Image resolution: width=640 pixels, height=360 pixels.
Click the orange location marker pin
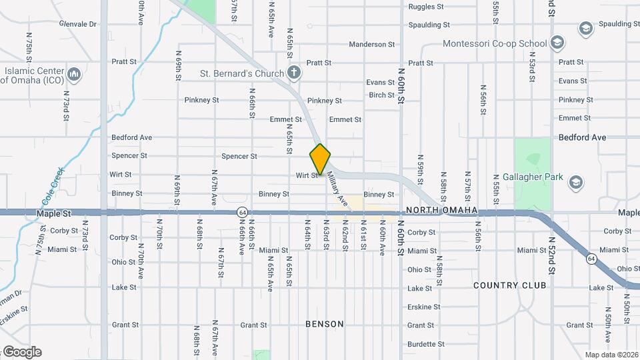[x=321, y=159]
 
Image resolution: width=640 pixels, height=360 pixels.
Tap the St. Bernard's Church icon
[x=294, y=73]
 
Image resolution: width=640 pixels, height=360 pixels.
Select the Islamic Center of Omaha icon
[x=74, y=73]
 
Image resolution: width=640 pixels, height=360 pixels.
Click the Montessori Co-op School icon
[x=557, y=44]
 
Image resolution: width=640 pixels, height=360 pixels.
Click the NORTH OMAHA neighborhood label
[x=441, y=211]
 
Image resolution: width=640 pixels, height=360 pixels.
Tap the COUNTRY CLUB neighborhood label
[x=509, y=285]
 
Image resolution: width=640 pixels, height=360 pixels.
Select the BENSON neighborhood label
[x=325, y=324]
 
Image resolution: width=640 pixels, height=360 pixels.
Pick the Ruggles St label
[x=426, y=7]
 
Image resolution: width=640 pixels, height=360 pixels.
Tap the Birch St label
[x=381, y=95]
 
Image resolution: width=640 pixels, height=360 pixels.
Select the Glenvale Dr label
[x=77, y=24]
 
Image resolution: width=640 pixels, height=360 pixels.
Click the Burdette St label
[x=425, y=344]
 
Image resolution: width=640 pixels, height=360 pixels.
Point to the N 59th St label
[x=421, y=172]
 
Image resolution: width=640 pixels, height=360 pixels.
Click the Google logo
[x=21, y=352]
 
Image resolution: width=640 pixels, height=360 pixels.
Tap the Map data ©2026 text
[x=611, y=355]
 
